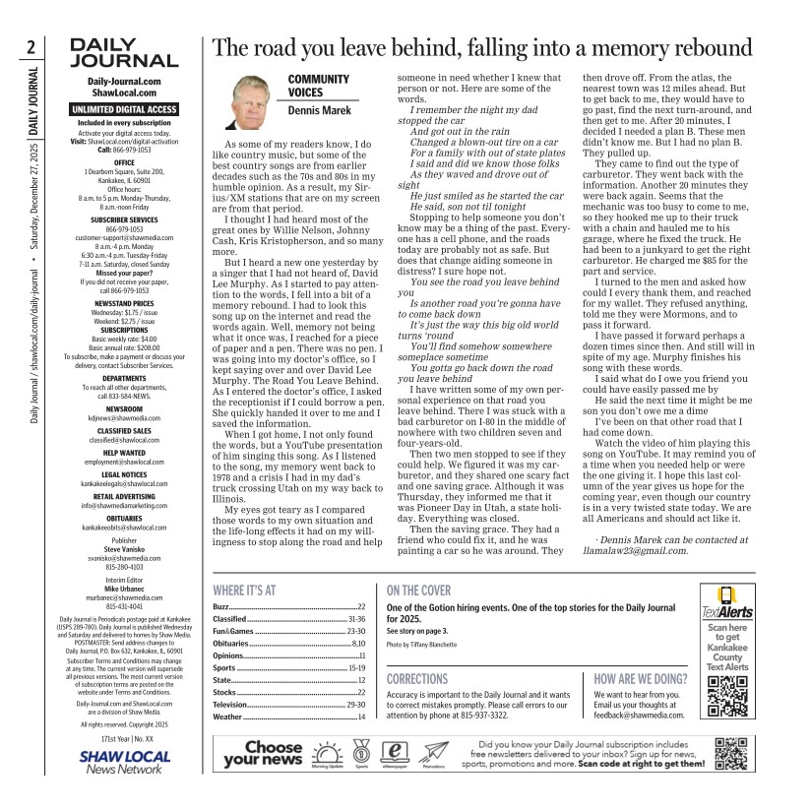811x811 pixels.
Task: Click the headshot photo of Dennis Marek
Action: click(254, 102)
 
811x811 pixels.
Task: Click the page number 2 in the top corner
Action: click(32, 46)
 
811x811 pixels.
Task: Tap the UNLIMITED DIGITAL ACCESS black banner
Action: click(124, 109)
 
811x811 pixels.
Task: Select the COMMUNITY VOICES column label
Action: click(318, 86)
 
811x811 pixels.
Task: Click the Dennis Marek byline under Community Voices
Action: click(319, 111)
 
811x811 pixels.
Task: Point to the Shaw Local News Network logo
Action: click(124, 762)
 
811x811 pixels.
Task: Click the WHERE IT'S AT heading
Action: click(244, 591)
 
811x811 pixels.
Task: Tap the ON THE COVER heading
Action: click(418, 591)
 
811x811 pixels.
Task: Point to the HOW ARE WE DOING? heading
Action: click(641, 679)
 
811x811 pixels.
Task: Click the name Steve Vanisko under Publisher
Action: click(124, 549)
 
